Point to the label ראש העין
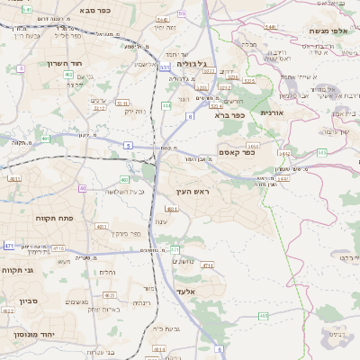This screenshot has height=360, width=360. pos(190,193)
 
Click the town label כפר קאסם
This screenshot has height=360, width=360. pos(237,153)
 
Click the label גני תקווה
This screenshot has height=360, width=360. pos(19,268)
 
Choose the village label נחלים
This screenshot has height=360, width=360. pos(107,272)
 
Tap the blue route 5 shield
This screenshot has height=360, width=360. pos(129,144)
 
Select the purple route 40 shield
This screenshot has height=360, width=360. pos(83,188)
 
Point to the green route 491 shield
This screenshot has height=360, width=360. pos(46,139)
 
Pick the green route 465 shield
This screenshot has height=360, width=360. pos(263,316)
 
